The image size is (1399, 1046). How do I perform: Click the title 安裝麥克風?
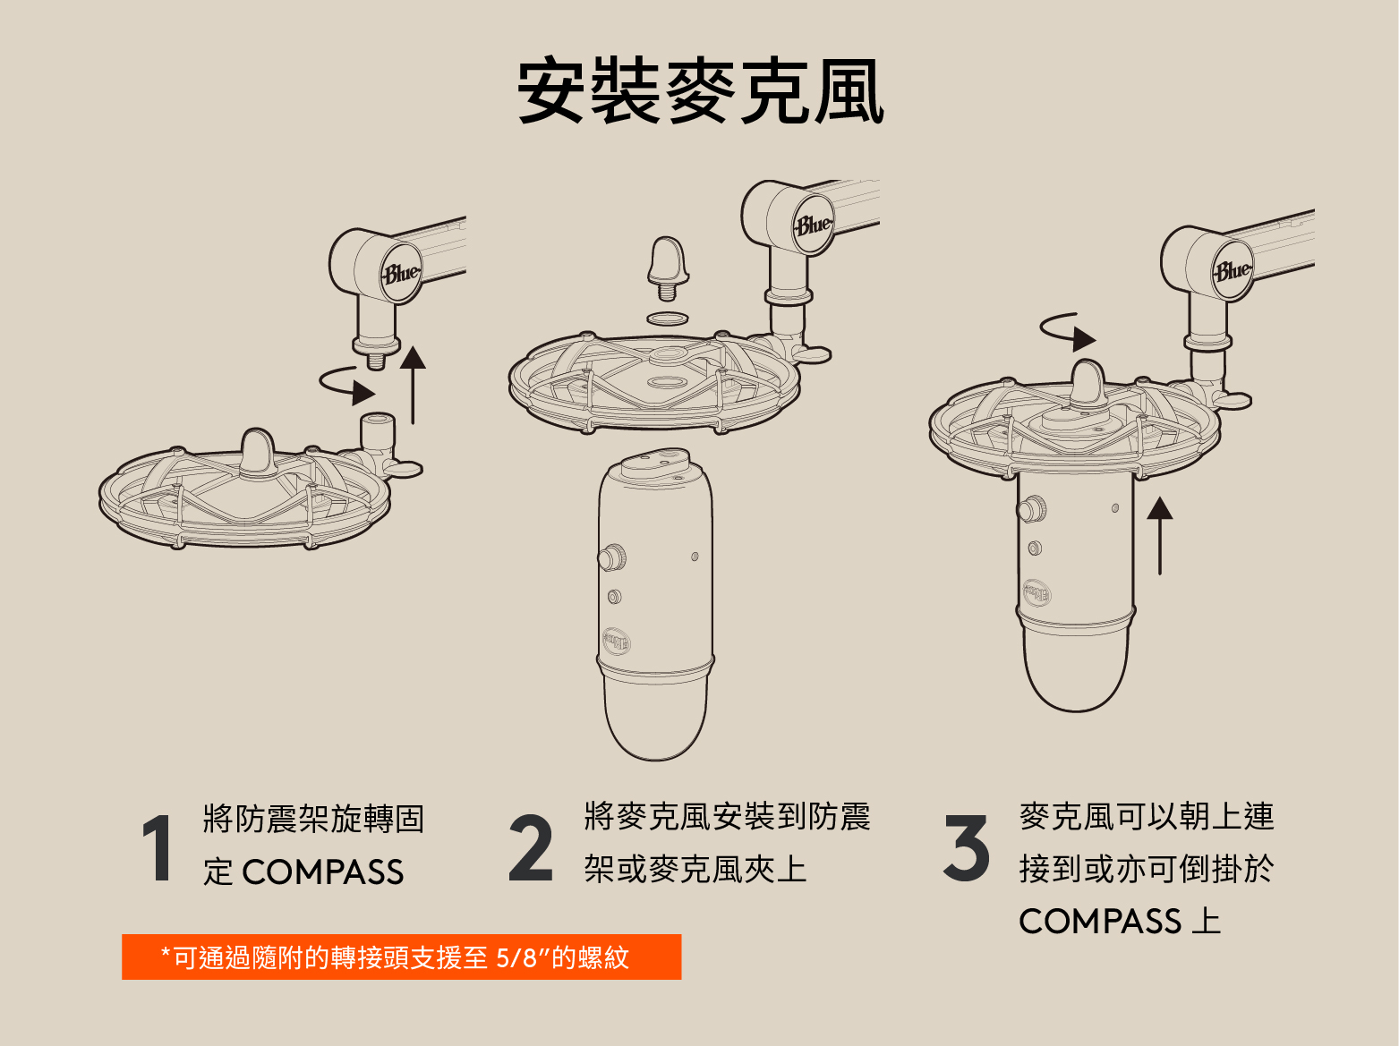700,90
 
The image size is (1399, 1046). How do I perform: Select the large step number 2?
530,848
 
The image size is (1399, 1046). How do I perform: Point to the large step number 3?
967,848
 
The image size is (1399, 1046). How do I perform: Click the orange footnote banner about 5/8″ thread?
402,957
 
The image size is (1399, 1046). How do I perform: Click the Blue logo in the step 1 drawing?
401,274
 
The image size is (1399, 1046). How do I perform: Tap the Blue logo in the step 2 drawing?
813,225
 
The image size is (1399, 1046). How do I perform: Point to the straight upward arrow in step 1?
413,386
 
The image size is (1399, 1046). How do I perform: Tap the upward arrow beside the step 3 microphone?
1160,536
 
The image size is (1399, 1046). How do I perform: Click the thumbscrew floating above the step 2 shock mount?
668,268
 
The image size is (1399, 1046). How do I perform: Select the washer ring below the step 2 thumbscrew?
668,318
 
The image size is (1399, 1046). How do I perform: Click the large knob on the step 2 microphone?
612,557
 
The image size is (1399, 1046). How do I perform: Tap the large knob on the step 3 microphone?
1032,509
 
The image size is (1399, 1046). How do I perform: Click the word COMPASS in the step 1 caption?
322,872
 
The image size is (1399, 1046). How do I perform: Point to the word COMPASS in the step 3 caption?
1100,921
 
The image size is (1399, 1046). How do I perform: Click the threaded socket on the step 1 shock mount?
378,432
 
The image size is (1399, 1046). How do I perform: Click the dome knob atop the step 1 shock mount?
257,453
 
